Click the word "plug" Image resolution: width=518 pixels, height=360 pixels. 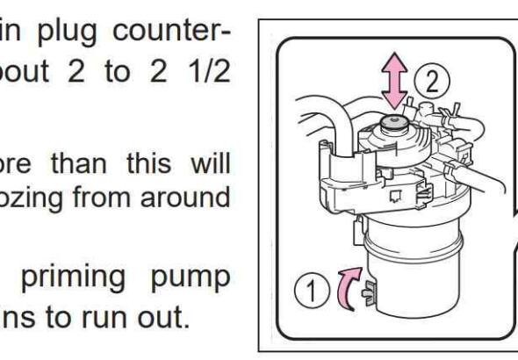[68, 33]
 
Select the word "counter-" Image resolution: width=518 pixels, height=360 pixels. [171, 32]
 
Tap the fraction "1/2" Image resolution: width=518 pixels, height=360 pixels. [211, 71]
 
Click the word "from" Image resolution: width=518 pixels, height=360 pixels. [101, 197]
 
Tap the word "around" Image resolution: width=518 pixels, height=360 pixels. [185, 198]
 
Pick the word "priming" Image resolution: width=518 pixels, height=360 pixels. [74, 279]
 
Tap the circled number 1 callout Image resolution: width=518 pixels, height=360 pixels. [312, 291]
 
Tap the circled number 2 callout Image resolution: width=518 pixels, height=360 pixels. [432, 81]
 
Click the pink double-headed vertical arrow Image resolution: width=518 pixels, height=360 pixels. [394, 81]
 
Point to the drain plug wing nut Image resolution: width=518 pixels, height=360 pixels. [369, 293]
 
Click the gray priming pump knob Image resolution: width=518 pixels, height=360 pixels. [394, 123]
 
